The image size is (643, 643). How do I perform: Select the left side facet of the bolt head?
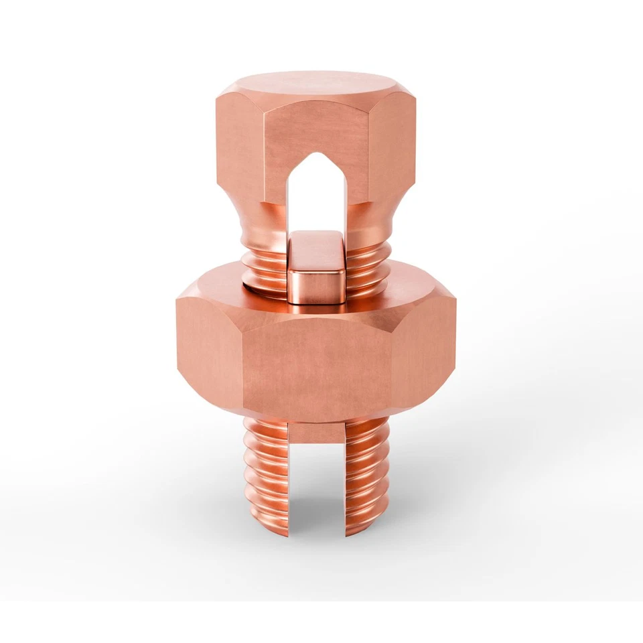coord(239,144)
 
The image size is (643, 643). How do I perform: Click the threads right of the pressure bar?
coord(367,265)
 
